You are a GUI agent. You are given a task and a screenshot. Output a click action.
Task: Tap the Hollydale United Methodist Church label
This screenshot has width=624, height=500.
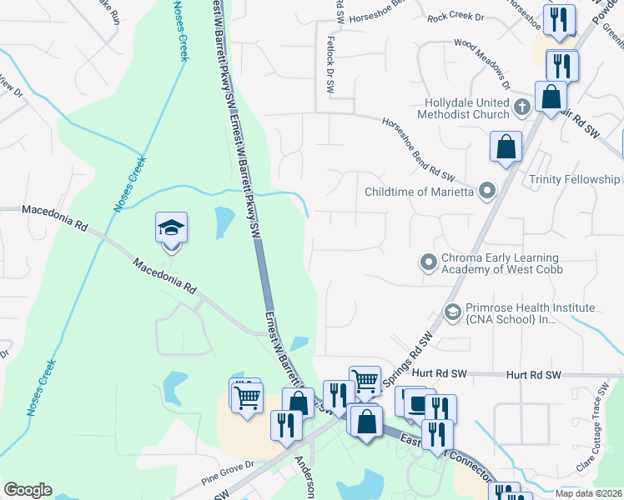coord(465,107)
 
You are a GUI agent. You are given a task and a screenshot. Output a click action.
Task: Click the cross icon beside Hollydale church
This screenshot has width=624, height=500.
coord(521,107)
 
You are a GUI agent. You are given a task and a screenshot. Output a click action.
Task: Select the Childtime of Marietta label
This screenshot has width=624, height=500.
coord(420,192)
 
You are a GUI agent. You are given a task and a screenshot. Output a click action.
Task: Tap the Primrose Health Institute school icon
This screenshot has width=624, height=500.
coord(453,312)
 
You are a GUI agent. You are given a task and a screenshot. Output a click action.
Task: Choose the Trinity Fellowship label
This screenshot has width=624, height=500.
coord(574,179)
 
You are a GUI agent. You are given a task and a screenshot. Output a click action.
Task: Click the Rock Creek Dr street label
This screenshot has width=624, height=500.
coord(455,17)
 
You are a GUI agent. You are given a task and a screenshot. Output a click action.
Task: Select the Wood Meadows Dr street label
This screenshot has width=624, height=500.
coord(482,63)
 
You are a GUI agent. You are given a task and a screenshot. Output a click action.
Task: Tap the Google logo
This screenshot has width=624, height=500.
coord(28,490)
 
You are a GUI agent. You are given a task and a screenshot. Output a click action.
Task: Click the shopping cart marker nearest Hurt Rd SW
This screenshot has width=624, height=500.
coord(365,382)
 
